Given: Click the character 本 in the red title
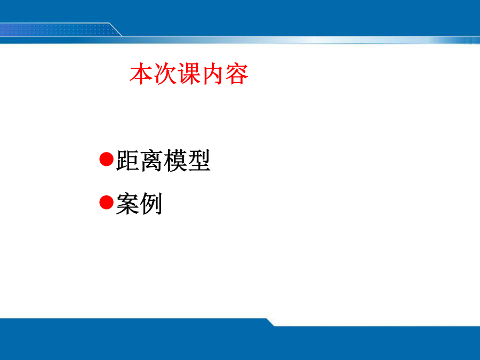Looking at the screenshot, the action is tap(141, 74).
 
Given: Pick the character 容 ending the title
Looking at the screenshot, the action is tap(237, 74).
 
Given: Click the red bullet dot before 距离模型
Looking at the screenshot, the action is tap(107, 159).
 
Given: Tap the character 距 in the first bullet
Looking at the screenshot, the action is tap(128, 161).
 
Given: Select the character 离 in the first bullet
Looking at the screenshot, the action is tap(151, 161).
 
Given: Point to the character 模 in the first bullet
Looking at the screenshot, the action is tap(175, 161).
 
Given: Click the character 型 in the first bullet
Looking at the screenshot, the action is tap(199, 161).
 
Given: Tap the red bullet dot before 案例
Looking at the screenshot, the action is tap(107, 202).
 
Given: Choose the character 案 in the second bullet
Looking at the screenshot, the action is tap(128, 204).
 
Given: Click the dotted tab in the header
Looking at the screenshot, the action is tap(58, 30).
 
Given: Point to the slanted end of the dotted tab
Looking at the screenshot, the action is tap(116, 30).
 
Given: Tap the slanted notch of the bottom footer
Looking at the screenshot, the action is tap(270, 322).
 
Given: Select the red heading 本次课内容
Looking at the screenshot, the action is tap(189, 74).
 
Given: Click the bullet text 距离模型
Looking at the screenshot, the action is tap(164, 161).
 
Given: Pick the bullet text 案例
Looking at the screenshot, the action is tap(140, 204).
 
